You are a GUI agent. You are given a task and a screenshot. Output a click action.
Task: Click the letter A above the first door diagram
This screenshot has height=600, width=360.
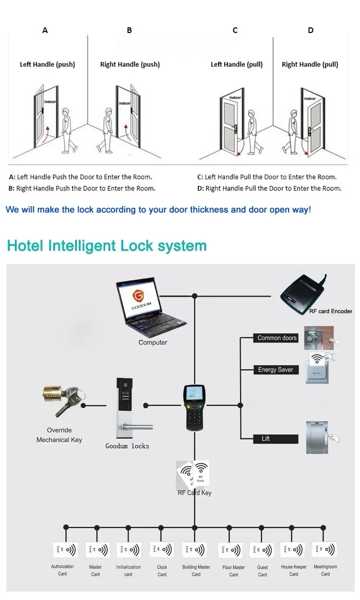click(x=45, y=31)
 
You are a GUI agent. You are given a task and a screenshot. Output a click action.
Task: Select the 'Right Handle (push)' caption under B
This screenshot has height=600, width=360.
click(x=130, y=64)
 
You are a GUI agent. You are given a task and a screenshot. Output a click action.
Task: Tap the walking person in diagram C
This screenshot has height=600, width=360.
click(x=252, y=132)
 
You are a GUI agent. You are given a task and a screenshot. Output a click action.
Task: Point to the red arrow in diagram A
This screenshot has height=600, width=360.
click(x=48, y=132)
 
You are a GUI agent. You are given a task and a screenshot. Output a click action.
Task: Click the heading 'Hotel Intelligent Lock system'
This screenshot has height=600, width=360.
click(x=107, y=246)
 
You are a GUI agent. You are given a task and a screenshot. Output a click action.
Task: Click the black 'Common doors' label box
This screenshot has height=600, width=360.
click(x=277, y=338)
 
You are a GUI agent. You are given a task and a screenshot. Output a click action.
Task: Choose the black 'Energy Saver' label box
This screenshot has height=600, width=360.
click(x=276, y=370)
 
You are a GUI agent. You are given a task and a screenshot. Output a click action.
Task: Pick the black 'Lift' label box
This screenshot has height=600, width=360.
click(x=276, y=439)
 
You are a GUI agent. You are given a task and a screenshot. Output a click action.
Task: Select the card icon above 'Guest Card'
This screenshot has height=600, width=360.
click(x=262, y=550)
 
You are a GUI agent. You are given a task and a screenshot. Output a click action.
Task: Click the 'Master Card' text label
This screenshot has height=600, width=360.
click(x=95, y=570)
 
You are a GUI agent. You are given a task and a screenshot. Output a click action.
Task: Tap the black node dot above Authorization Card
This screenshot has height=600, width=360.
click(x=66, y=527)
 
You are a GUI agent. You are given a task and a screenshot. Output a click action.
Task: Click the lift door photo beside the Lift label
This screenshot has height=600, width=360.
click(x=317, y=437)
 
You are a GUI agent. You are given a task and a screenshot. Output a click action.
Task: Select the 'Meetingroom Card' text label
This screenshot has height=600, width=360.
click(x=325, y=570)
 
